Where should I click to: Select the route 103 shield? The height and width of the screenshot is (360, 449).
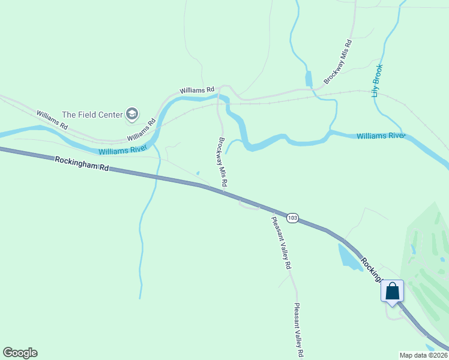[x=292, y=218]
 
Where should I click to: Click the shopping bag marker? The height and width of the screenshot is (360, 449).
[x=392, y=292]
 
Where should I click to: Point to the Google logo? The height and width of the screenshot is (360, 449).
[x=20, y=353]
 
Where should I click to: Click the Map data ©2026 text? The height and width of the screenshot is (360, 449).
[x=423, y=355]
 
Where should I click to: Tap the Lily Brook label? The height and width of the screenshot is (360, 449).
[x=376, y=80]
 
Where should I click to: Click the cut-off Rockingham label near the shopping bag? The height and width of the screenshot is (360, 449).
[x=372, y=268]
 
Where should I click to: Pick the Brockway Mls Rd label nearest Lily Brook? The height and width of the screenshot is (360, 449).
[x=337, y=62]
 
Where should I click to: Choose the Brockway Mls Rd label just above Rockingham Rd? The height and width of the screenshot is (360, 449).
[x=221, y=163]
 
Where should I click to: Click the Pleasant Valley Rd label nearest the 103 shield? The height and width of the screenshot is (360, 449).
[x=281, y=242]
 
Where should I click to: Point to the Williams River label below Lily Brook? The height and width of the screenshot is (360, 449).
[x=381, y=136]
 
